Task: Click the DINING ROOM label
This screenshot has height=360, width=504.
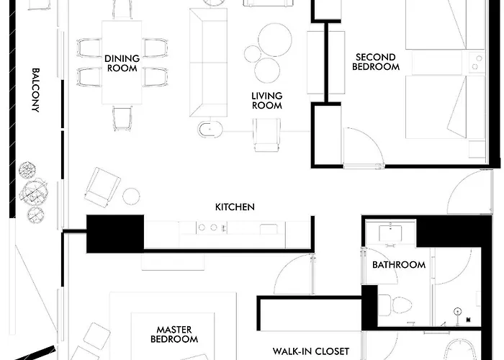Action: point(122,63)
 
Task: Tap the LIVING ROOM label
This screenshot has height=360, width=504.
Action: point(267,101)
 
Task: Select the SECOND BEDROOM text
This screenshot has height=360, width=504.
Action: point(376,62)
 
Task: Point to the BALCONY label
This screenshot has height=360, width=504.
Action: point(36,90)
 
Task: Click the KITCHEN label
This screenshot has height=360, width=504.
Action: point(235,207)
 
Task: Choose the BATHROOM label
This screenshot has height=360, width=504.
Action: point(399,264)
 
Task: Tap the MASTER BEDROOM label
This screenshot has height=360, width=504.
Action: point(174,334)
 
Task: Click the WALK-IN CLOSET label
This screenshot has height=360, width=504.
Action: point(311,351)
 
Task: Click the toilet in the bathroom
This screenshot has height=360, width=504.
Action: point(395,305)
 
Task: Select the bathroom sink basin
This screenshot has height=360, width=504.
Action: point(390,233)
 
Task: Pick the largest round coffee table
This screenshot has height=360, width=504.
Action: point(275,40)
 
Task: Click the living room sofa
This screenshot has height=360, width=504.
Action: point(208,63)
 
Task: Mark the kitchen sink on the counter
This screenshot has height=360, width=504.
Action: point(269,229)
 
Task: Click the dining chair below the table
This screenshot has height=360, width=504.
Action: point(122,118)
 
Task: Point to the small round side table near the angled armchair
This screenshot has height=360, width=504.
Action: point(131,196)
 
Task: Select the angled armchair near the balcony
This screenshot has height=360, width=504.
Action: point(102,187)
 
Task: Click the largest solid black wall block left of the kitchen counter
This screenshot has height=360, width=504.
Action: point(115,234)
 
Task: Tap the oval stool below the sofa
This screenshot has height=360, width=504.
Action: point(210,129)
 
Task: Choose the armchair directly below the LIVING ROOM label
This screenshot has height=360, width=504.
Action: point(266,135)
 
